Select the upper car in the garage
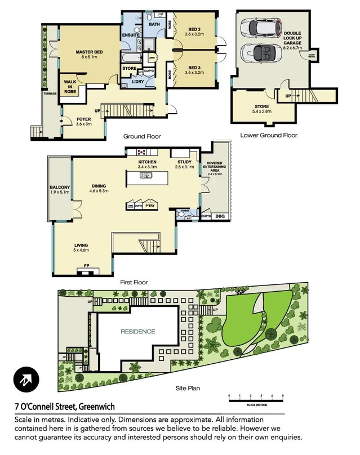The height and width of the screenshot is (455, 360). click(x=259, y=27)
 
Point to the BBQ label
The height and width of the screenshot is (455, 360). click(x=220, y=216)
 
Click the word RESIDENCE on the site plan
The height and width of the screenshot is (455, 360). click(x=137, y=332)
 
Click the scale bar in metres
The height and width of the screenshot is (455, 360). click(x=256, y=399)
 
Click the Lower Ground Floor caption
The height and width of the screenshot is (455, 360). click(x=268, y=135)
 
